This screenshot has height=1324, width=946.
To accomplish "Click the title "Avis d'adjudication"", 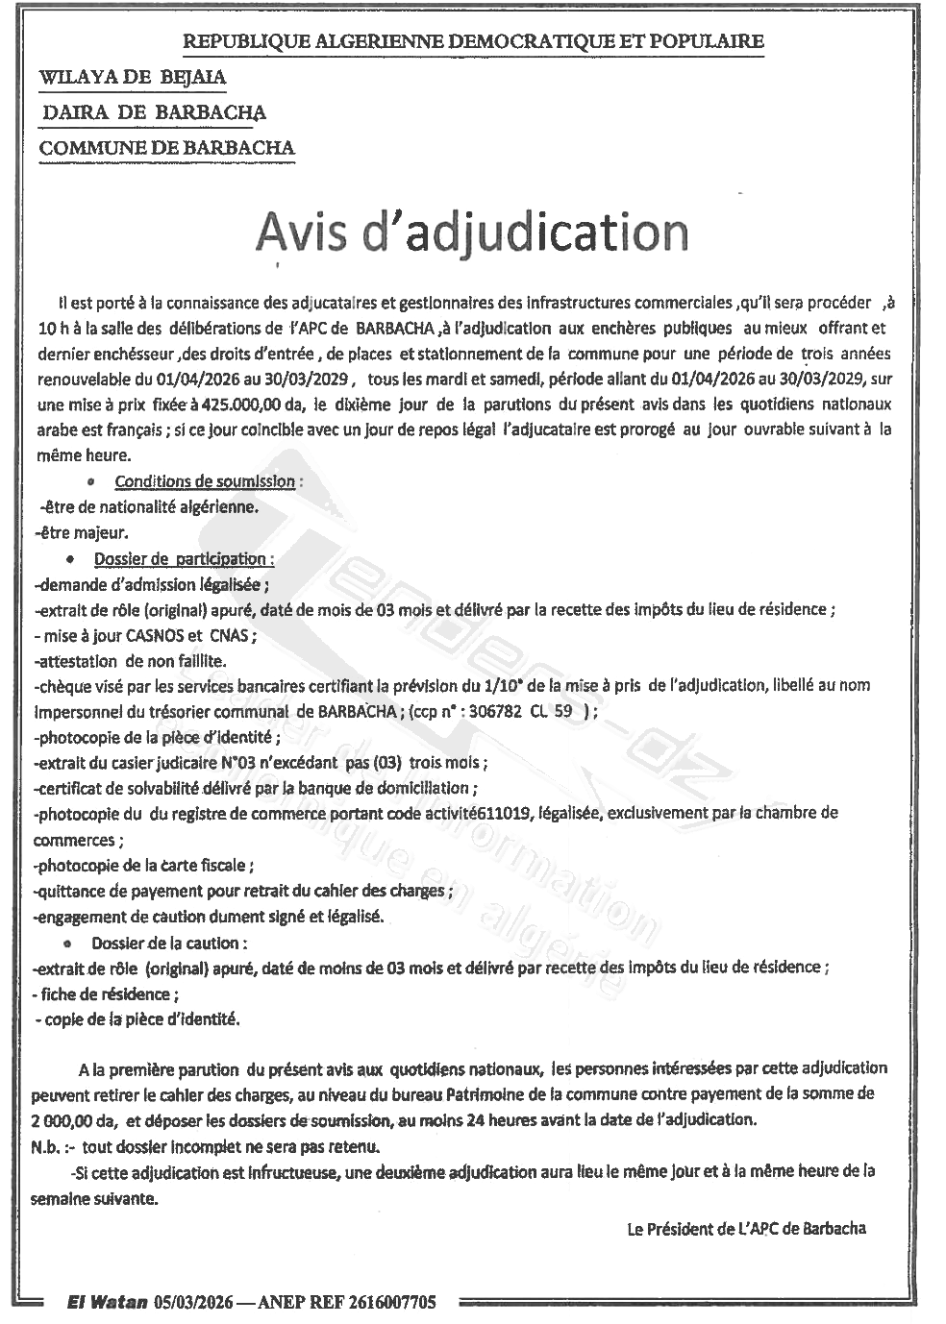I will [x=471, y=233].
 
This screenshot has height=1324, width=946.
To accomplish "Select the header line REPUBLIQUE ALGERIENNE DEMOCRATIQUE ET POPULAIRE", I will [x=473, y=41].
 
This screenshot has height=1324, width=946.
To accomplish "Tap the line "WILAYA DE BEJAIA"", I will [x=134, y=77].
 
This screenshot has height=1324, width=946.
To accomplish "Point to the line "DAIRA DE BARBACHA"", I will [x=154, y=112].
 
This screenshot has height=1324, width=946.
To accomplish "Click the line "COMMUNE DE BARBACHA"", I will [x=167, y=148].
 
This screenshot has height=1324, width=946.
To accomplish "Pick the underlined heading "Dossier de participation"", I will [x=183, y=558].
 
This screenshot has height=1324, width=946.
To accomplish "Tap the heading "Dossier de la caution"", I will [x=169, y=943].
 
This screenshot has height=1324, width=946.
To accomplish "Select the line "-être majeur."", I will [x=81, y=531].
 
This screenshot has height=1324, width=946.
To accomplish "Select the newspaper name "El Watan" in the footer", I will [x=108, y=1303].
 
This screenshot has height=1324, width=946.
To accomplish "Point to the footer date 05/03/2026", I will [x=188, y=1303].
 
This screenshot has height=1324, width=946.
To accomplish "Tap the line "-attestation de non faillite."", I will [x=130, y=660].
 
